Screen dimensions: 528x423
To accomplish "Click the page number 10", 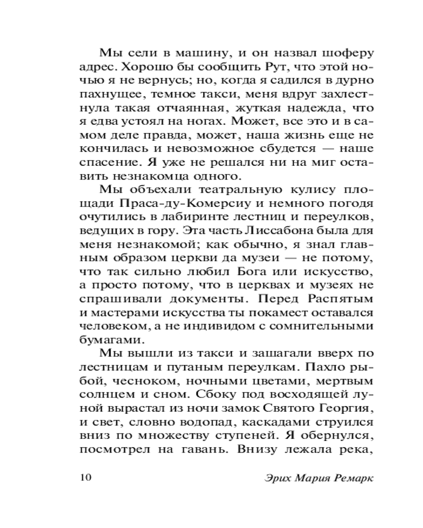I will click(86, 478).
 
